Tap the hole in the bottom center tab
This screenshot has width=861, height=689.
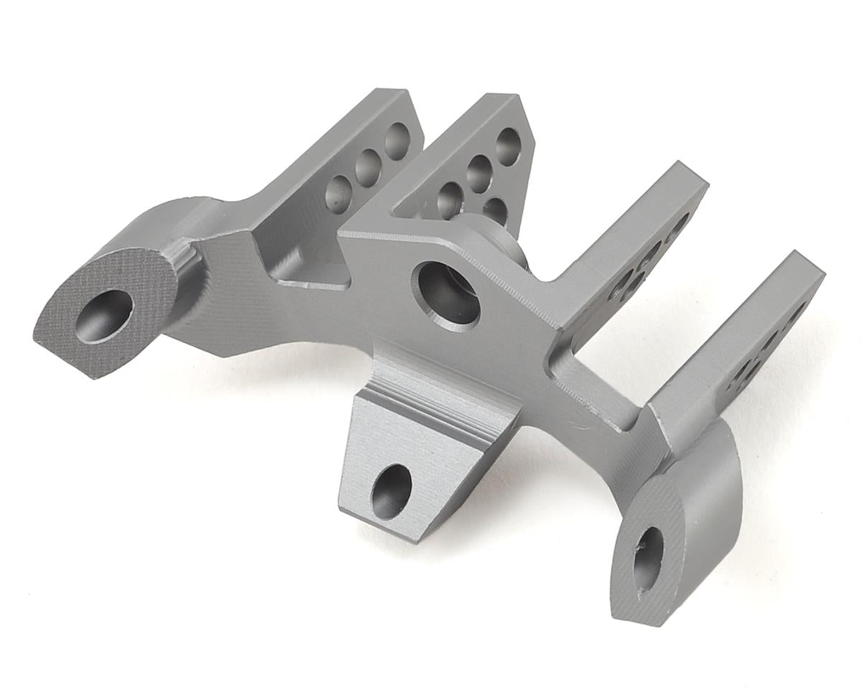(x=391, y=491)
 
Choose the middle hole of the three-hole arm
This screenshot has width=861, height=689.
(x=367, y=166)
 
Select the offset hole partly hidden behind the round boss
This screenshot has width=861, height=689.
(x=495, y=210)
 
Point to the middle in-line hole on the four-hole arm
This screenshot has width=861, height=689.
(x=479, y=172)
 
